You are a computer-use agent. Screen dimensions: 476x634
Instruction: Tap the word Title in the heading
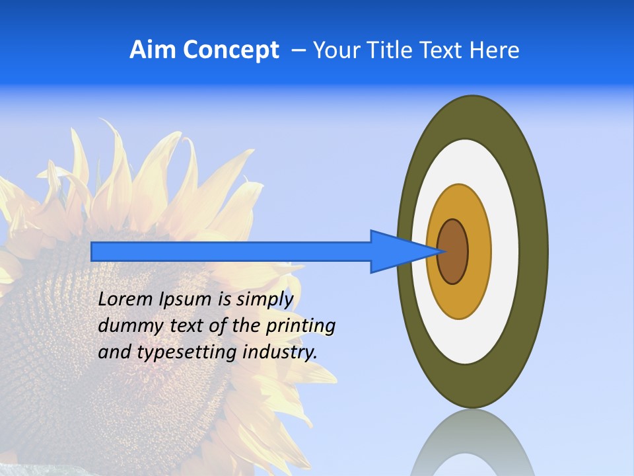392,50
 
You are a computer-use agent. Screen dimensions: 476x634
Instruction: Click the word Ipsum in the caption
186,299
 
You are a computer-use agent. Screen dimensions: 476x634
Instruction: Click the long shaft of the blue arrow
231,252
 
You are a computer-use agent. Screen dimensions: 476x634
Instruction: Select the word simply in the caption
264,299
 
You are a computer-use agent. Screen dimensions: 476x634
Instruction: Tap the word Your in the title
335,50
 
